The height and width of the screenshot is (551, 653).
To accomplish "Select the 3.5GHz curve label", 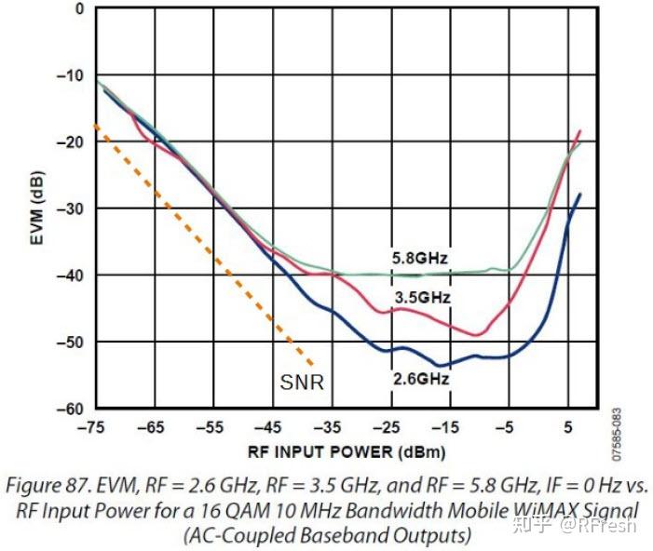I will (x=421, y=298).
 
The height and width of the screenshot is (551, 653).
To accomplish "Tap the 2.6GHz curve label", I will (x=421, y=379).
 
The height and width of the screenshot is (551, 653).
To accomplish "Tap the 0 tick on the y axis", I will (x=79, y=8).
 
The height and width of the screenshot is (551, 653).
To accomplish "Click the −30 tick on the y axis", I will (x=72, y=208).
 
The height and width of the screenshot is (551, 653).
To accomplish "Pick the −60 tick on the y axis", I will (x=72, y=409).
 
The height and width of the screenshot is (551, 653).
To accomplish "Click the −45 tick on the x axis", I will (x=271, y=428).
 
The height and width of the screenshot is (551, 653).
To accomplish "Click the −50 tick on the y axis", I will (x=72, y=342).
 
